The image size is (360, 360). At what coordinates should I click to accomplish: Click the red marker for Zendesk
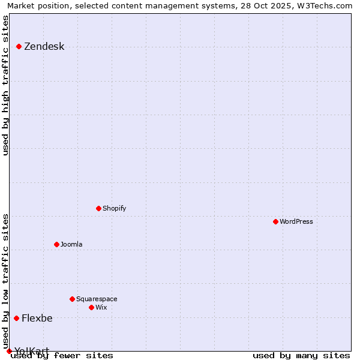tap(19, 46)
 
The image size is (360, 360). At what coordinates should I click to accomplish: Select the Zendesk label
tap(44, 47)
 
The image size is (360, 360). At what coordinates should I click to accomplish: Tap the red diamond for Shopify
tap(99, 208)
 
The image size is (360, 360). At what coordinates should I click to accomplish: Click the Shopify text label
tap(114, 209)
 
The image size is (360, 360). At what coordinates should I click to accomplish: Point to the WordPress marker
tap(276, 221)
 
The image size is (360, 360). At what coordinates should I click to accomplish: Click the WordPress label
tap(296, 222)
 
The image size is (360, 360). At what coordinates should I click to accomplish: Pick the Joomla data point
tap(57, 244)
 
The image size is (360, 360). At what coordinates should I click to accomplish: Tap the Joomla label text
tap(71, 245)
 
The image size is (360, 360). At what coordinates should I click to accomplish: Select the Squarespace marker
tap(73, 299)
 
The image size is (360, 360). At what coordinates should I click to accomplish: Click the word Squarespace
tap(97, 299)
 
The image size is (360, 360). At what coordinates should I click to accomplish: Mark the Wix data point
tap(92, 307)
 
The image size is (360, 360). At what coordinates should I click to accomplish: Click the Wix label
tap(101, 308)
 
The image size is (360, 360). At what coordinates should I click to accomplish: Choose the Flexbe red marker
tap(17, 318)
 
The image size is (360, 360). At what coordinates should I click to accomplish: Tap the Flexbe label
tap(37, 319)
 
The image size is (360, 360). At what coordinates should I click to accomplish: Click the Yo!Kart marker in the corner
tap(9, 351)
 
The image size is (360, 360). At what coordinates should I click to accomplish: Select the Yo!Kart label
tap(32, 351)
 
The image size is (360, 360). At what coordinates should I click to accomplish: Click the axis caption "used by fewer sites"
tap(62, 356)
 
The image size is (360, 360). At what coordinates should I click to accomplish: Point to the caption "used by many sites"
tap(301, 356)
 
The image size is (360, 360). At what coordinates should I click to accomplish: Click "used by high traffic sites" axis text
tap(6, 85)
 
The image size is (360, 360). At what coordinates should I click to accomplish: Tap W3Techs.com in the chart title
tap(325, 6)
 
